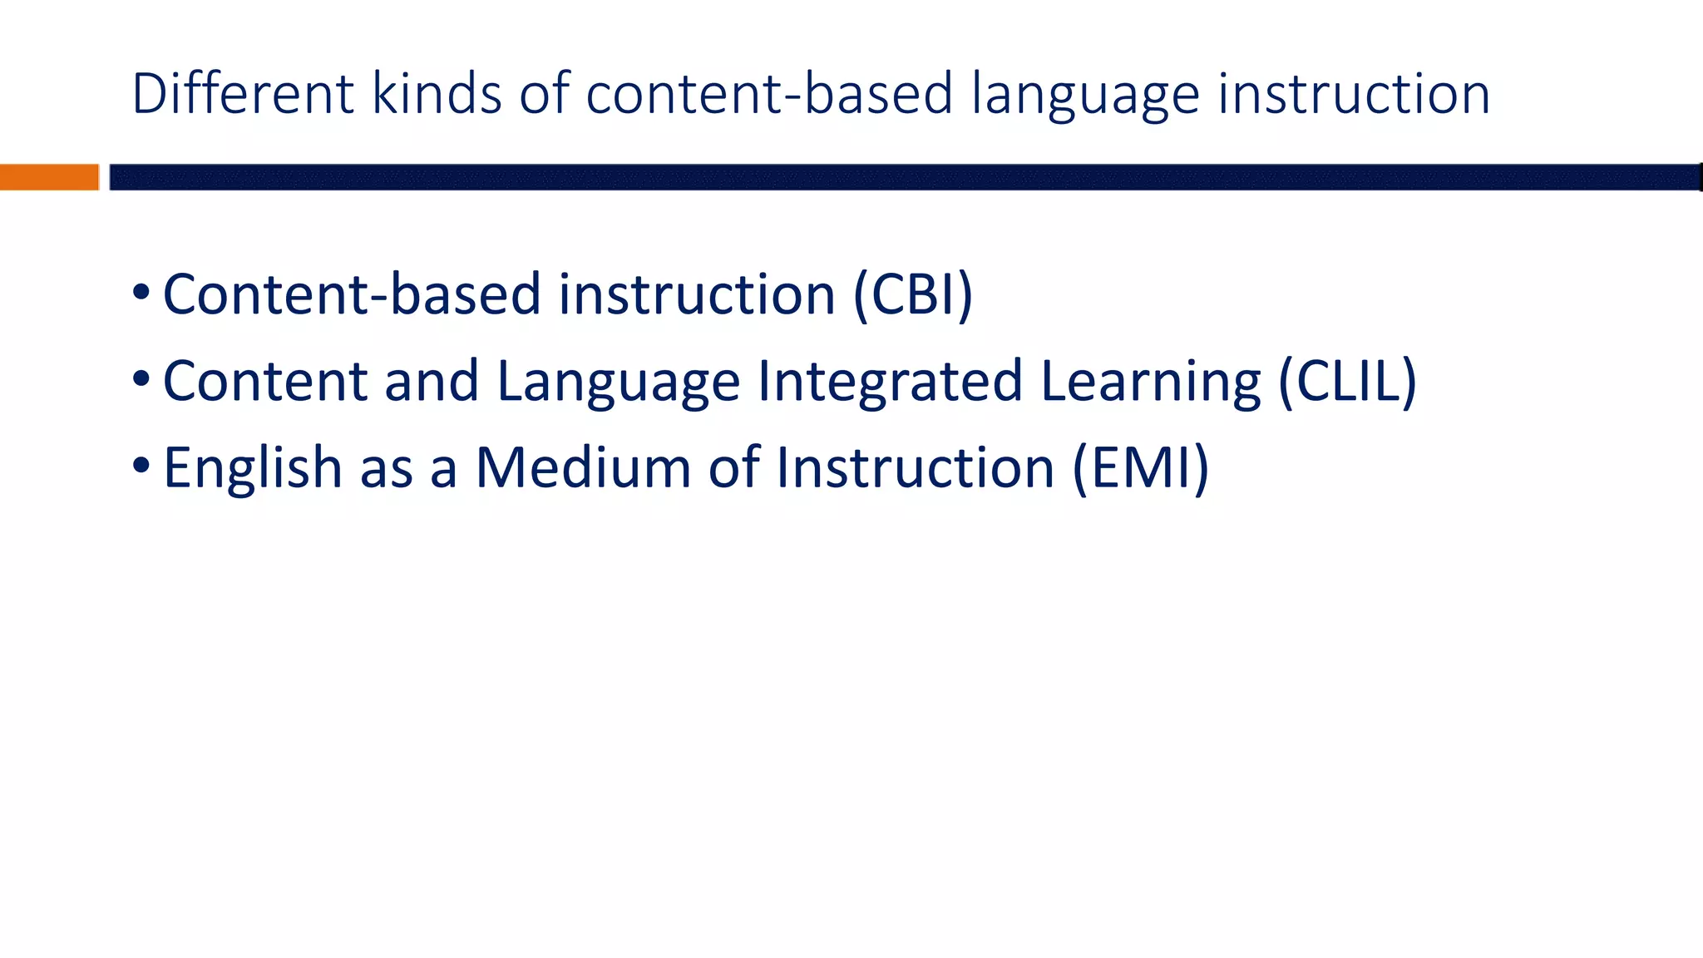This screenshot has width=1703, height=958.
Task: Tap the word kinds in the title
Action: [437, 93]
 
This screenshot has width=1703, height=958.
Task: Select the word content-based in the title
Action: [769, 93]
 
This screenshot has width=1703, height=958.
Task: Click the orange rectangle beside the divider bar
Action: [49, 177]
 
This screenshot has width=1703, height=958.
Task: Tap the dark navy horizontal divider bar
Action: [905, 177]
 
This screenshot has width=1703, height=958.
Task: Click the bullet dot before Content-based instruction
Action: [141, 293]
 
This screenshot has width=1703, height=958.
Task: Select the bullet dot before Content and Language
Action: [141, 379]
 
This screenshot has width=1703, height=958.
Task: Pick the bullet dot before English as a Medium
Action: [141, 466]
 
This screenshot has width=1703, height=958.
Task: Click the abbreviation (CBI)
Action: [912, 294]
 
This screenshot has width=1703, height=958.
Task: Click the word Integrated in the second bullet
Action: [889, 383]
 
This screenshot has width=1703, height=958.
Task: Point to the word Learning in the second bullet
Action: [1150, 383]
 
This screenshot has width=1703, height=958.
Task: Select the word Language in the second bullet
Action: [618, 383]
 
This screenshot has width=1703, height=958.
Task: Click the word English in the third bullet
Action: [252, 469]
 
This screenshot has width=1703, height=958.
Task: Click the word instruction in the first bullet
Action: [696, 294]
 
